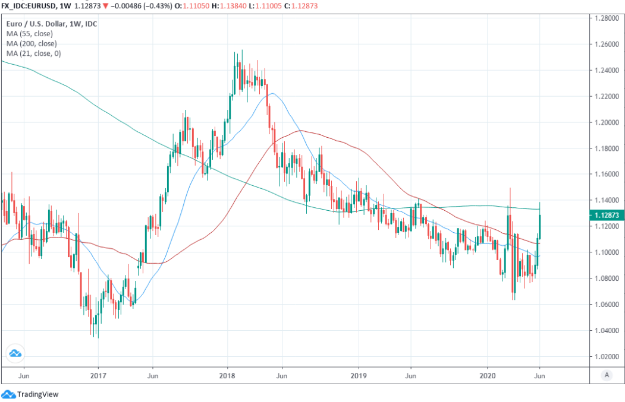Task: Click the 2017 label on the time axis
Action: click(x=98, y=376)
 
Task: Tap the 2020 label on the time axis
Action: click(x=487, y=376)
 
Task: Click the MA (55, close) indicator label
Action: click(x=29, y=34)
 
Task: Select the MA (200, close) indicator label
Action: click(x=31, y=44)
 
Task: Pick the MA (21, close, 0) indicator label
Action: click(x=33, y=54)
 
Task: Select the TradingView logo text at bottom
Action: click(x=37, y=394)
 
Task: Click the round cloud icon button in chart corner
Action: click(x=15, y=353)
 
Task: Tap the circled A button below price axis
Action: click(x=606, y=375)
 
